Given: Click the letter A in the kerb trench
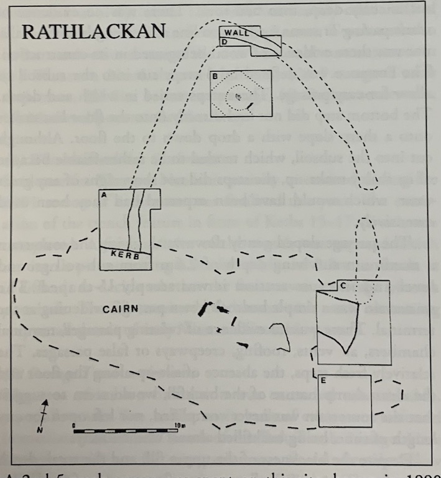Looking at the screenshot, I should click(x=104, y=195).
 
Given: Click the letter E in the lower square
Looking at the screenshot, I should click(x=323, y=380).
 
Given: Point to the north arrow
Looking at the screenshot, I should click(x=44, y=412).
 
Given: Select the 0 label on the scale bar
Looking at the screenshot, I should click(x=74, y=425).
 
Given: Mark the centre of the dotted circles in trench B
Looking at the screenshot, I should click(x=238, y=96).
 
